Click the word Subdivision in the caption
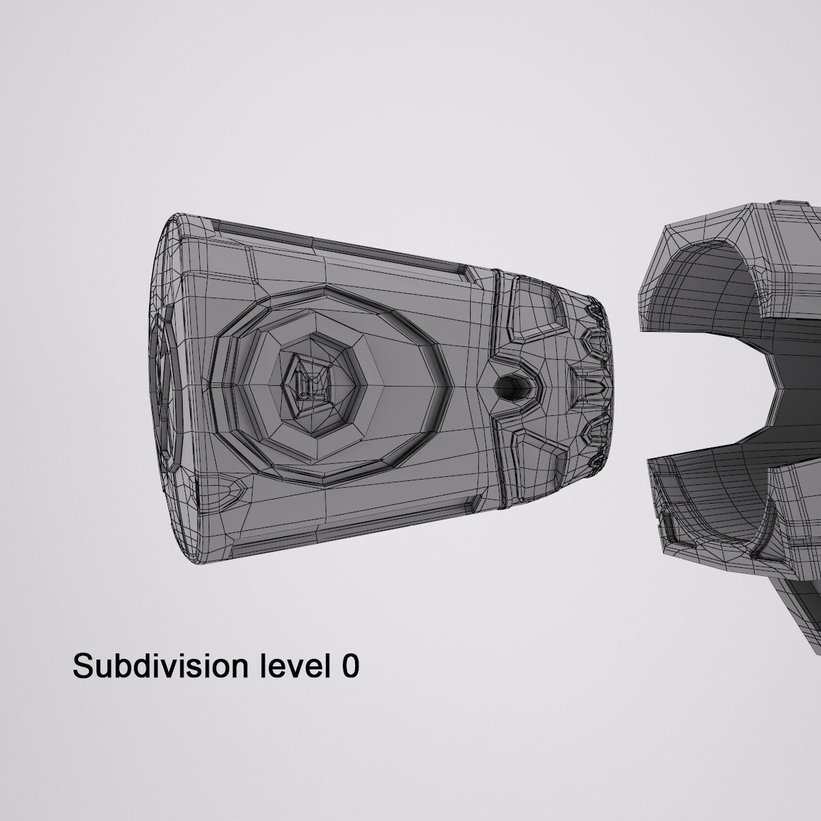click(161, 666)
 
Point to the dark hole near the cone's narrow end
click(510, 388)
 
